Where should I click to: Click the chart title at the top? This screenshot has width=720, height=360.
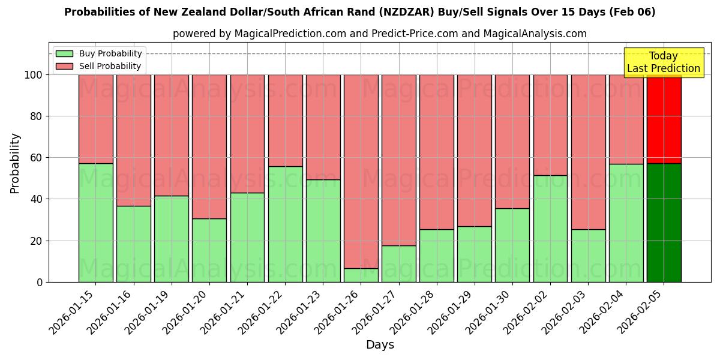[x=359, y=12]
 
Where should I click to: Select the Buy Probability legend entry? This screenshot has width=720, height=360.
[x=110, y=53]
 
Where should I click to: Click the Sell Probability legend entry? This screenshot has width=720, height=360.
[x=110, y=66]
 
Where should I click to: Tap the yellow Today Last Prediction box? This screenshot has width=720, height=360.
[x=663, y=62]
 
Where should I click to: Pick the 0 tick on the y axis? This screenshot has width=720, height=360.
[x=40, y=282]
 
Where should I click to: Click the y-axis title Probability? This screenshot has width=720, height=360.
[x=15, y=163]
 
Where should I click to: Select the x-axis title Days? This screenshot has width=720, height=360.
[x=380, y=345]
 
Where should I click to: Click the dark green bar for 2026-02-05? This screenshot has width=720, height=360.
[x=664, y=223]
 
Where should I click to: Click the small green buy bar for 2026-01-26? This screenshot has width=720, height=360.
[x=361, y=275]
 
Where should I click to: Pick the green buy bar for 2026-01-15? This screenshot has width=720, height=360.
[x=95, y=223]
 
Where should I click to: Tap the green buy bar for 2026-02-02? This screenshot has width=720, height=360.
[x=550, y=229]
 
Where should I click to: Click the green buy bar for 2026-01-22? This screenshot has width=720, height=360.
[x=285, y=224]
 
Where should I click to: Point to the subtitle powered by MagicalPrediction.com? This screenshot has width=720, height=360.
[x=379, y=34]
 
